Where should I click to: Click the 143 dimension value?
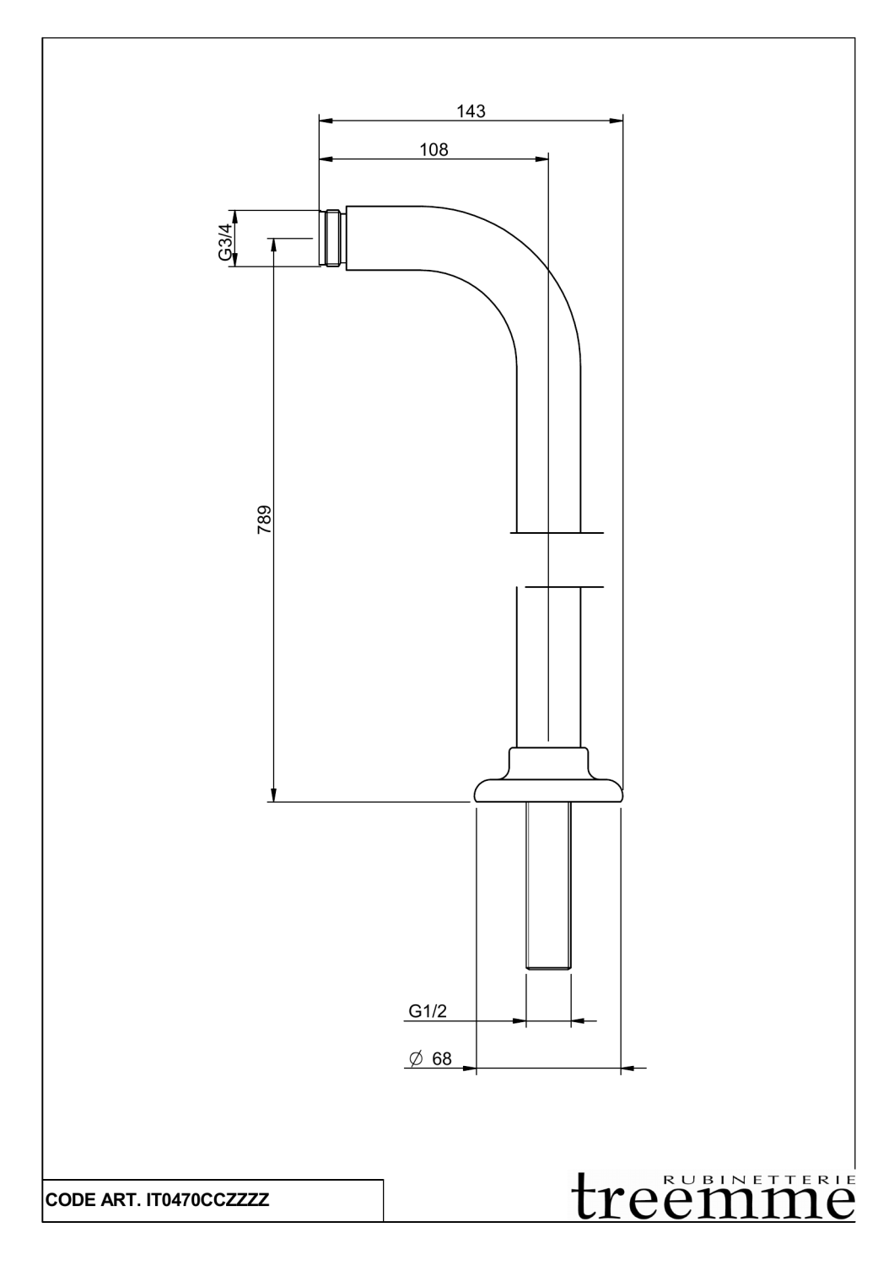[x=471, y=111]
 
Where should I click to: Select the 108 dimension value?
[x=434, y=149]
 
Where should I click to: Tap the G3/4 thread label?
[x=225, y=242]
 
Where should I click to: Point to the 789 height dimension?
[x=264, y=519]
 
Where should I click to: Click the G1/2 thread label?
[x=428, y=1011]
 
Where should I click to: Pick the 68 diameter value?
[x=442, y=1059]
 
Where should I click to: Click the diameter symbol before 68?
[x=415, y=1059]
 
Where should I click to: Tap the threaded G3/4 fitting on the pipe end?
[x=332, y=238]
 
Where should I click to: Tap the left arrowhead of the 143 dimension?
[x=326, y=121]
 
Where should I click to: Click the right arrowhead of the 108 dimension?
[x=541, y=159]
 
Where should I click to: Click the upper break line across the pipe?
[x=557, y=532]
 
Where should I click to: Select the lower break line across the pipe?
[x=564, y=587]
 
